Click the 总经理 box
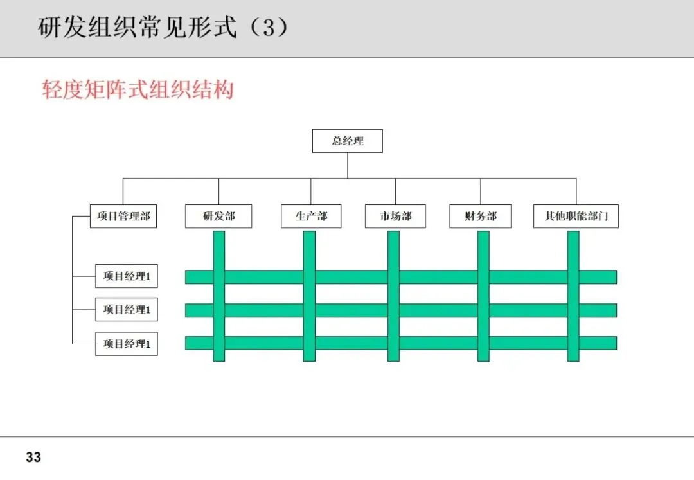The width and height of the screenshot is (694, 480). [347, 141]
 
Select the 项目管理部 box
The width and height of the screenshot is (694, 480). [123, 217]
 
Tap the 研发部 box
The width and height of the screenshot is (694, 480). [218, 217]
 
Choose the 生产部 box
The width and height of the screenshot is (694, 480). [311, 217]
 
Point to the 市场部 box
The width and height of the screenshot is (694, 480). [395, 217]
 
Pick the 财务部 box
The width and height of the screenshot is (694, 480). [481, 217]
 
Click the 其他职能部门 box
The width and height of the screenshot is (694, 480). [576, 217]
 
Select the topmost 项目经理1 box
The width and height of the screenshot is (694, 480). [127, 277]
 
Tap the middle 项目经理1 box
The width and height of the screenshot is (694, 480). [127, 310]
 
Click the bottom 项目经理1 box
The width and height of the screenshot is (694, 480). [127, 344]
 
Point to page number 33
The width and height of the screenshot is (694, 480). [33, 458]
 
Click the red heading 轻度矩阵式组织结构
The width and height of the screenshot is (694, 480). [138, 89]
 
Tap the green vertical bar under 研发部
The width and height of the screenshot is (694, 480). [218, 251]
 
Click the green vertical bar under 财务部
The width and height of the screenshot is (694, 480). [483, 251]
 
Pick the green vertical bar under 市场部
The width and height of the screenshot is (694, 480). [393, 251]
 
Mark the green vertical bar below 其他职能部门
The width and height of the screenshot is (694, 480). [573, 251]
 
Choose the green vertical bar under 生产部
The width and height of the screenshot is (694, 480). [309, 251]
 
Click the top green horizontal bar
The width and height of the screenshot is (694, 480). [263, 277]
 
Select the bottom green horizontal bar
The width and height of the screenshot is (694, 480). [263, 343]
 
